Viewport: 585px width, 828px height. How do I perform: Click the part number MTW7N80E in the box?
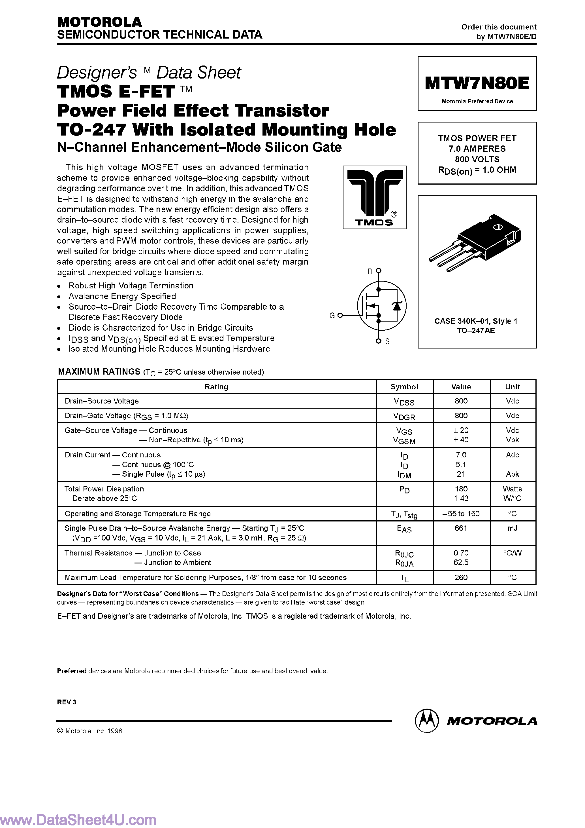(x=477, y=83)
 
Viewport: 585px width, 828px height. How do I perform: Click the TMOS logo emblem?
(x=375, y=197)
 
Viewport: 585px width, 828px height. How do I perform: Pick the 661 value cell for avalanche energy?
(x=461, y=528)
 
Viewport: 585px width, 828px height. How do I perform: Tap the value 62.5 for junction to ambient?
(x=461, y=562)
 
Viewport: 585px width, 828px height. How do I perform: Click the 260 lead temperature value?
(x=461, y=577)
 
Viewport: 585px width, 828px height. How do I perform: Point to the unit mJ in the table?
(x=512, y=528)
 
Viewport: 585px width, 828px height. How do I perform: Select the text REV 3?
(x=67, y=702)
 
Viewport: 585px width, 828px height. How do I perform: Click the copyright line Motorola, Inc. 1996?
(x=90, y=731)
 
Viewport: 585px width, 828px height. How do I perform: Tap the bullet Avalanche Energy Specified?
(x=122, y=296)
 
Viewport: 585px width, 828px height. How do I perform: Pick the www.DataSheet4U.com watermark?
(x=78, y=820)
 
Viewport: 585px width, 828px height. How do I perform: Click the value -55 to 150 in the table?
(x=461, y=514)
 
